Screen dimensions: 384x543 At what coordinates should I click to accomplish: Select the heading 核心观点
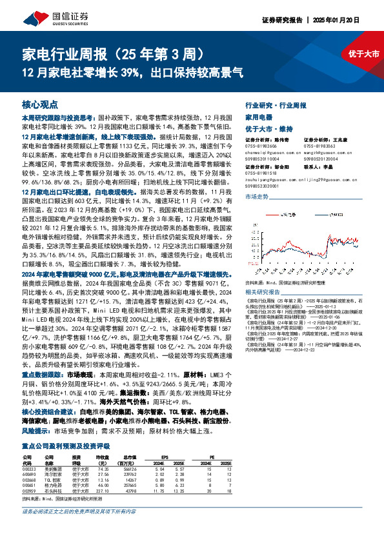pos(40,104)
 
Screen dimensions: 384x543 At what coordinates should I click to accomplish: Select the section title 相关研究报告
pos(264,291)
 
